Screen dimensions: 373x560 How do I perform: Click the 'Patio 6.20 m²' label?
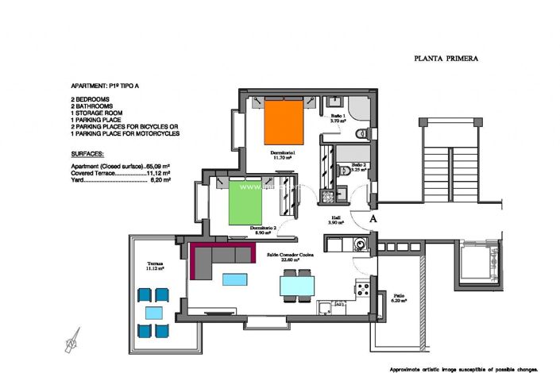coord(399,299)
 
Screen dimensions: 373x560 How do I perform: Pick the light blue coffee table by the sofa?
coord(234,279)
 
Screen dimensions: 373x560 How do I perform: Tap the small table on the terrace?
coord(154,312)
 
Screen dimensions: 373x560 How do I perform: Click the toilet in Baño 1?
coord(363,133)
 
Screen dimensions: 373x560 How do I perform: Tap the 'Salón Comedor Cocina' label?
coord(293,256)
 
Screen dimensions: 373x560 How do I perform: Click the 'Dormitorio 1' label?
coord(282,153)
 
